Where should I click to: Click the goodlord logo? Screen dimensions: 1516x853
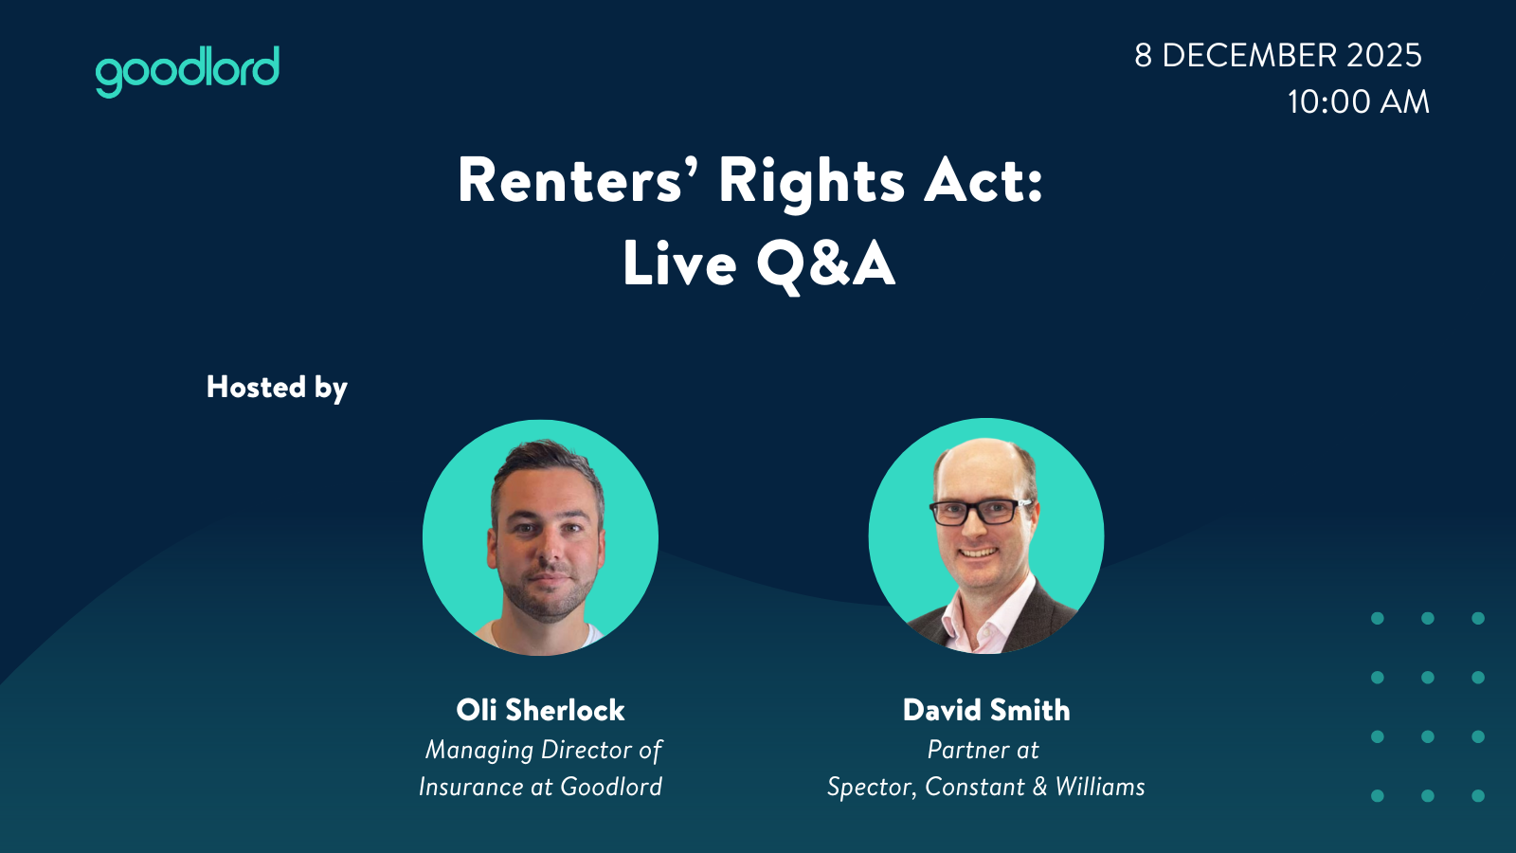[x=187, y=71]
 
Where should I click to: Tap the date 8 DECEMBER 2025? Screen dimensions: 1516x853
[x=1278, y=56]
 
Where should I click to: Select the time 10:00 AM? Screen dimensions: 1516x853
[x=1358, y=102]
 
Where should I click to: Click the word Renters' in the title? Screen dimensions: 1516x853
[x=569, y=181]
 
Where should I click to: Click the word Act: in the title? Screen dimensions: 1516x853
[x=984, y=181]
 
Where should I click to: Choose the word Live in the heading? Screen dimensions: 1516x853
[x=679, y=263]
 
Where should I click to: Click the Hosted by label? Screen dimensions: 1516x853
[x=277, y=388]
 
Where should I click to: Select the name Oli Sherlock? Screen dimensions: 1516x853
[x=540, y=710]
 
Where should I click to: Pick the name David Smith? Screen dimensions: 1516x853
[x=986, y=710]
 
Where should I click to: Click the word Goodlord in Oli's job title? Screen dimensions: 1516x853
[x=611, y=787]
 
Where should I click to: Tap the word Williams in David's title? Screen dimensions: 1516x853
[x=1100, y=787]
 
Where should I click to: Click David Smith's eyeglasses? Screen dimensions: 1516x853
[x=981, y=511]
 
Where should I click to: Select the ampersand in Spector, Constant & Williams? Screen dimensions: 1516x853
[x=1039, y=788]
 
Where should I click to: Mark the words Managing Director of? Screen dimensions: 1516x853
[x=544, y=750]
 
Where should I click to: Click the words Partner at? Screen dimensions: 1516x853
[x=983, y=750]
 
